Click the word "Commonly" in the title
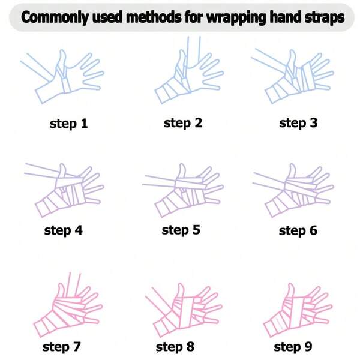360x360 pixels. [54, 17]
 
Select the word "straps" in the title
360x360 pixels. [325, 17]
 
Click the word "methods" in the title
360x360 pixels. [154, 17]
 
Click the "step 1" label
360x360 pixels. [68, 124]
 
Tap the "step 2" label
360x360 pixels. [183, 123]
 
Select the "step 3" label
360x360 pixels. [298, 123]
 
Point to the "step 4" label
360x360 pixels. [63, 230]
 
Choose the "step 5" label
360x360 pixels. [181, 230]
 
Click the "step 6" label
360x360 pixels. [298, 230]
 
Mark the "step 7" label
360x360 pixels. [62, 346]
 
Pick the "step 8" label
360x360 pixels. [175, 346]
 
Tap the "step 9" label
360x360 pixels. [293, 346]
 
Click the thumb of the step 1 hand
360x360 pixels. [62, 59]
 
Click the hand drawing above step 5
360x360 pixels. [183, 191]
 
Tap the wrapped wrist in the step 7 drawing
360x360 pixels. [46, 323]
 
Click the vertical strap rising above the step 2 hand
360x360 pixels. [194, 50]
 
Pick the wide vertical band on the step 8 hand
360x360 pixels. [186, 312]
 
